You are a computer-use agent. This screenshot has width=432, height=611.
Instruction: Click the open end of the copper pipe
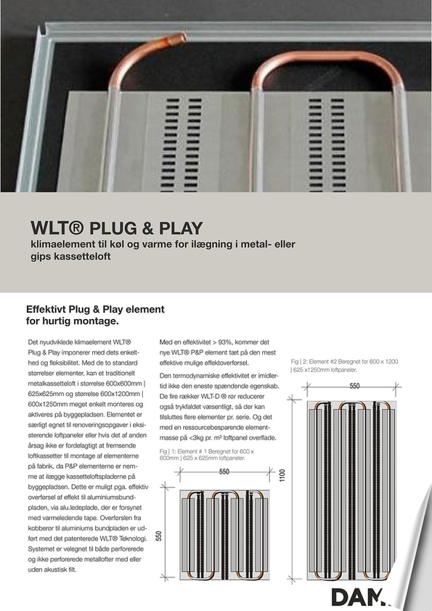click(x=181, y=38)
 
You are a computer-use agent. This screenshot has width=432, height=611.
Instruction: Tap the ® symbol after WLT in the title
click(x=76, y=228)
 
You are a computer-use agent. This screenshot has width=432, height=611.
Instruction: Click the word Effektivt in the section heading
click(x=46, y=309)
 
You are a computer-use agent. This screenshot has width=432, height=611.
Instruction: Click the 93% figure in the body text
click(x=225, y=342)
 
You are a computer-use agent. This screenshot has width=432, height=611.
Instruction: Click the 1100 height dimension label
click(x=282, y=475)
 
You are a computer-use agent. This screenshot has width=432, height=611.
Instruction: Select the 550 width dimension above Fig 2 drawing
click(x=354, y=387)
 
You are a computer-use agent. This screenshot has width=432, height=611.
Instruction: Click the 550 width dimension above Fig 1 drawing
click(x=224, y=472)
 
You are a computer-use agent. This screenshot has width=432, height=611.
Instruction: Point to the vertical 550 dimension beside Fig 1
click(x=158, y=536)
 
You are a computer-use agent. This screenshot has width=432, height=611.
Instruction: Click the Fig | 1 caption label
click(x=167, y=451)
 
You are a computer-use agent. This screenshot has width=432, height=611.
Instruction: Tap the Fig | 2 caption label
click(x=298, y=362)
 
